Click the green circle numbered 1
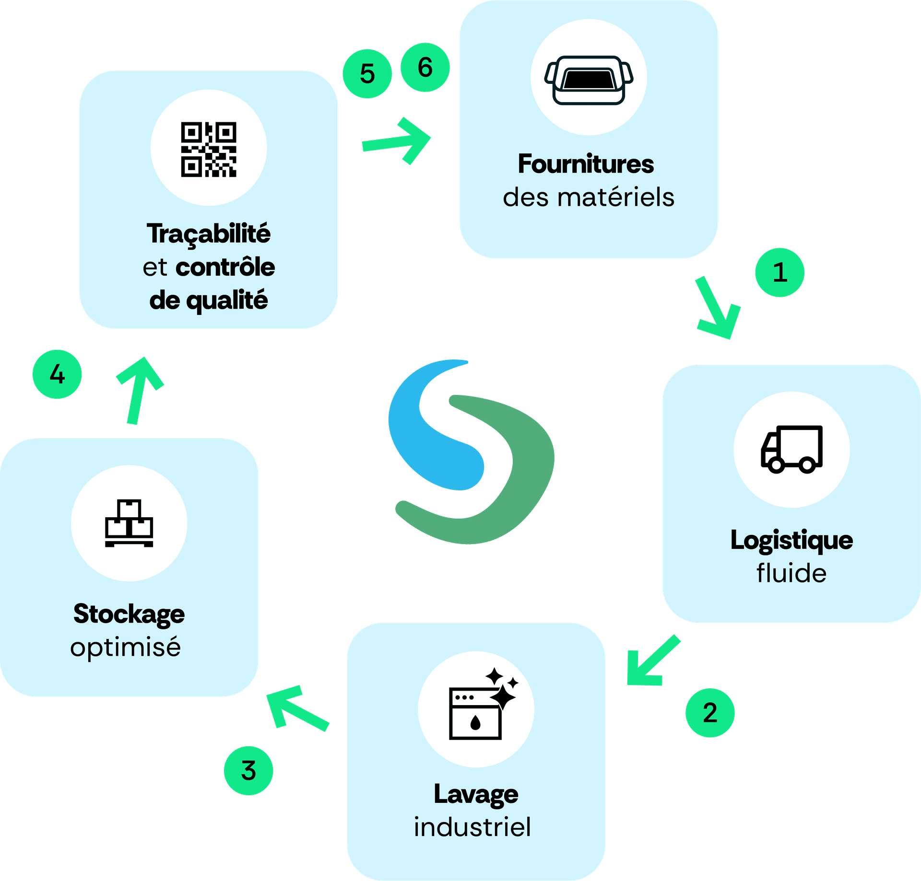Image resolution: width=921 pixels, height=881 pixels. [779, 272]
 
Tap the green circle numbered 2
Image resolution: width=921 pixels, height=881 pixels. [709, 713]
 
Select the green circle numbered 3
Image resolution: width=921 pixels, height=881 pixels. [248, 771]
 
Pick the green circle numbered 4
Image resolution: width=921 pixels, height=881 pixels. [57, 374]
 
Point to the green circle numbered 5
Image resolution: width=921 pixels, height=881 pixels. [367, 74]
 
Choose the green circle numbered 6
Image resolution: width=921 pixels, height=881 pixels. [425, 67]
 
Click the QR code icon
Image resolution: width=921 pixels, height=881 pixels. [209, 149]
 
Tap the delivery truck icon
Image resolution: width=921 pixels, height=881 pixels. [791, 449]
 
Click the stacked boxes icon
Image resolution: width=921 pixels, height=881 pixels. [129, 523]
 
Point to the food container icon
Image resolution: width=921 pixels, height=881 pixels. [589, 80]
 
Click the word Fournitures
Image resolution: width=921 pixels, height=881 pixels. [586, 164]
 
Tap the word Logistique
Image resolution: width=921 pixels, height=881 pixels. [791, 540]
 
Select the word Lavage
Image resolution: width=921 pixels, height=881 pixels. [476, 794]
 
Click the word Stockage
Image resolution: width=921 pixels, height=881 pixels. [129, 614]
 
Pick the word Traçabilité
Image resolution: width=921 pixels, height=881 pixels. [209, 234]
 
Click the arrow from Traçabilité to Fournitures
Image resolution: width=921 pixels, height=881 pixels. [398, 141]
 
